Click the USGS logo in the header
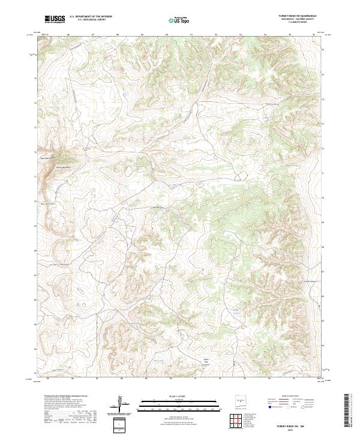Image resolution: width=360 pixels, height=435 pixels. [x=55, y=19]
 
